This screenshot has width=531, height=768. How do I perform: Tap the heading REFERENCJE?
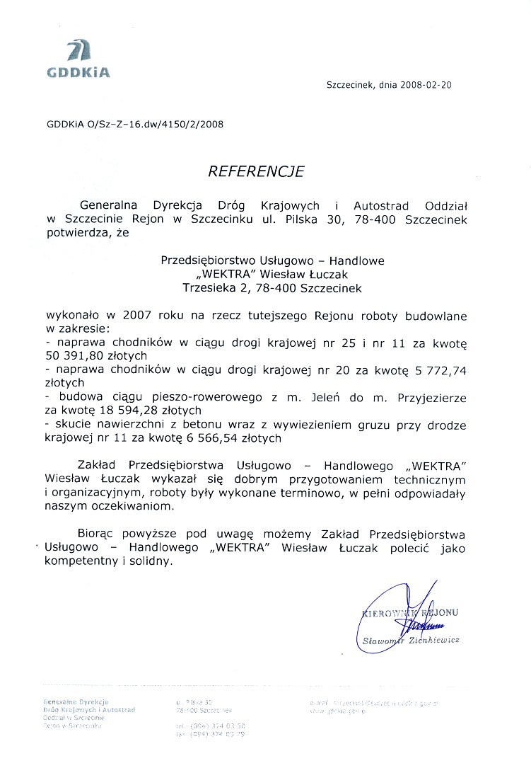(x=255, y=171)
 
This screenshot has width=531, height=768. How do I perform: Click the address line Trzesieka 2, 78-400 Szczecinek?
(x=272, y=288)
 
